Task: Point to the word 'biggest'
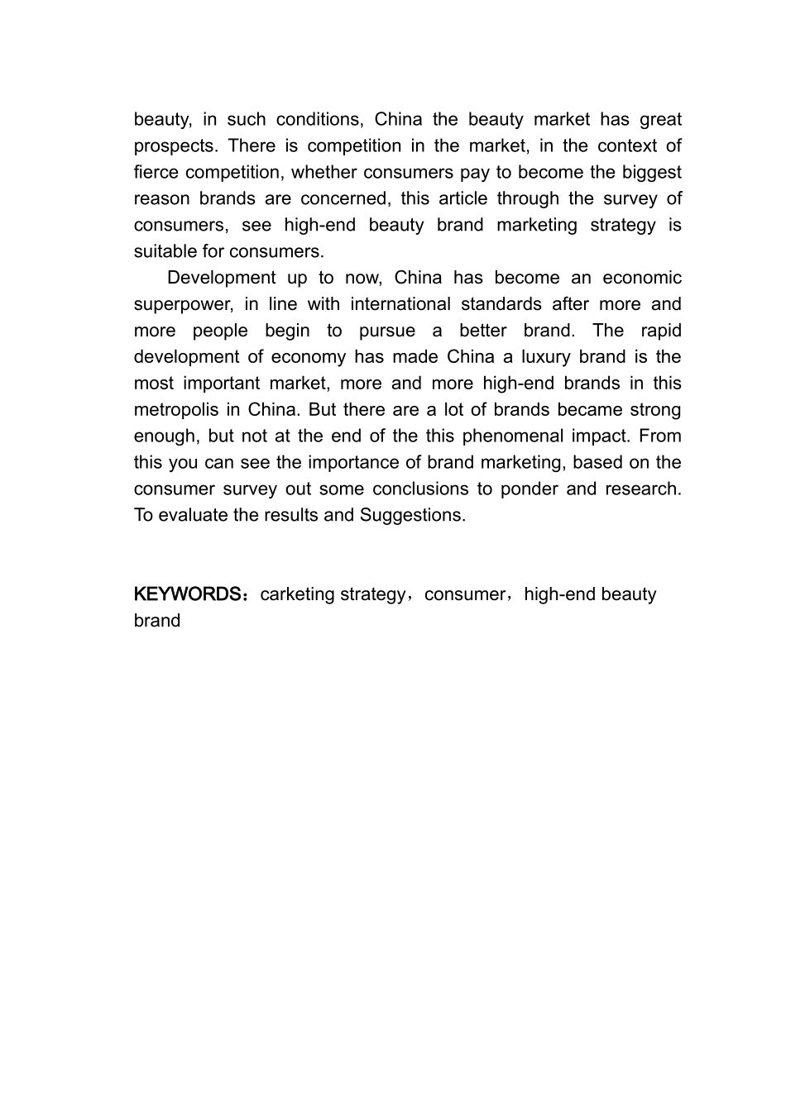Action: point(650,172)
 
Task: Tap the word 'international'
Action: point(400,304)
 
